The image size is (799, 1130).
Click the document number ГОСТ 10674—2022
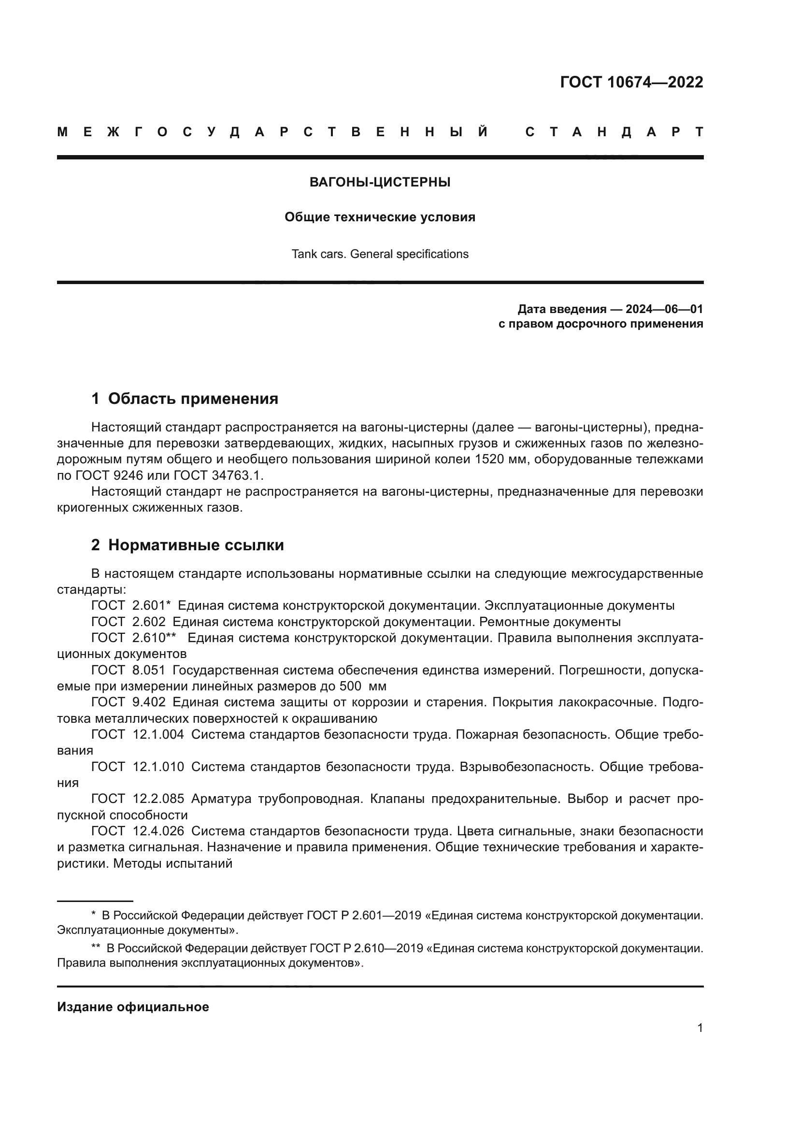click(631, 82)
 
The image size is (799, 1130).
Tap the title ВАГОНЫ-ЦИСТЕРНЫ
click(380, 182)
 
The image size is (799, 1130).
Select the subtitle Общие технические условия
click(380, 217)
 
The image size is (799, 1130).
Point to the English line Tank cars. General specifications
click(380, 254)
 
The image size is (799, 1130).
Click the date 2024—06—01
click(664, 309)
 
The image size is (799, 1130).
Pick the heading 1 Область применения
click(185, 399)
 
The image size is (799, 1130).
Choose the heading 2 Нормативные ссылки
click(187, 545)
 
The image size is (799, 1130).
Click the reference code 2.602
click(149, 622)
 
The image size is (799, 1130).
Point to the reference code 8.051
click(149, 670)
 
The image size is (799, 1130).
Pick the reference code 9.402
click(149, 702)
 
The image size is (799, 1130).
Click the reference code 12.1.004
click(158, 734)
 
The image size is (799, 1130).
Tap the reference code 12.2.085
click(158, 798)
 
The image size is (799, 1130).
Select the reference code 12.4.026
click(158, 831)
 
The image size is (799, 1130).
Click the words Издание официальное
click(133, 1007)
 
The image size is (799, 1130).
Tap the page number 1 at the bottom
click(699, 1028)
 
